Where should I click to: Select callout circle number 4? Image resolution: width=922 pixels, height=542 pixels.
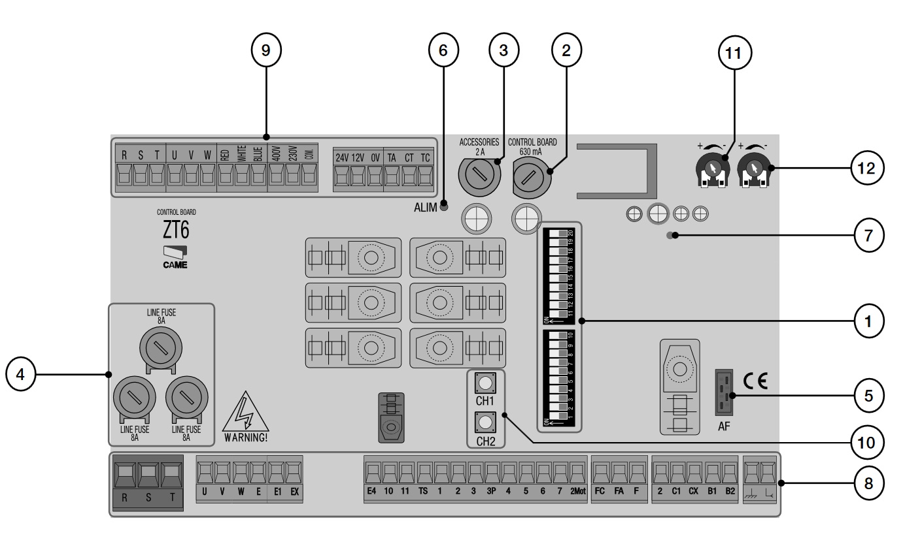point(21,374)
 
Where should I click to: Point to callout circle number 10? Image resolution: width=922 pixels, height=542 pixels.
point(867,441)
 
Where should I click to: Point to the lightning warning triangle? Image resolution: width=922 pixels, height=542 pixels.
point(245,413)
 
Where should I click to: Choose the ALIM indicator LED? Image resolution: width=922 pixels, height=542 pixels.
point(444,207)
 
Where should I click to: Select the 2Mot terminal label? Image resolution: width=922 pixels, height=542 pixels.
point(576,492)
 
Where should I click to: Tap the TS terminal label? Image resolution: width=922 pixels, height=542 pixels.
point(423,492)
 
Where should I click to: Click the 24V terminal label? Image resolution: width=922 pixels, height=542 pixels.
point(342,158)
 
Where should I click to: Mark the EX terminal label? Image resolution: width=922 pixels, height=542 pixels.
point(294,492)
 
